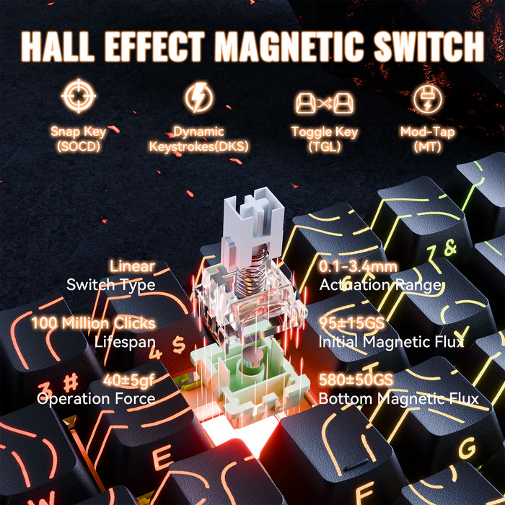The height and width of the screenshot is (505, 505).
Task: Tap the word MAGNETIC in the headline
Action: click(292, 46)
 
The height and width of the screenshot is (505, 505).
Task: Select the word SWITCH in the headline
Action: click(429, 46)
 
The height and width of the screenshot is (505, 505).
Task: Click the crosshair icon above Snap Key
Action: click(78, 98)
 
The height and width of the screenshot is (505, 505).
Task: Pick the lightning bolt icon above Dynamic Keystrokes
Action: click(198, 98)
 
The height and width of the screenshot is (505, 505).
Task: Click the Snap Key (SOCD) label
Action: click(78, 139)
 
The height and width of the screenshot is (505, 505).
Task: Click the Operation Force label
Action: click(96, 398)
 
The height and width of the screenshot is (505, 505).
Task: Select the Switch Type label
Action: click(110, 285)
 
